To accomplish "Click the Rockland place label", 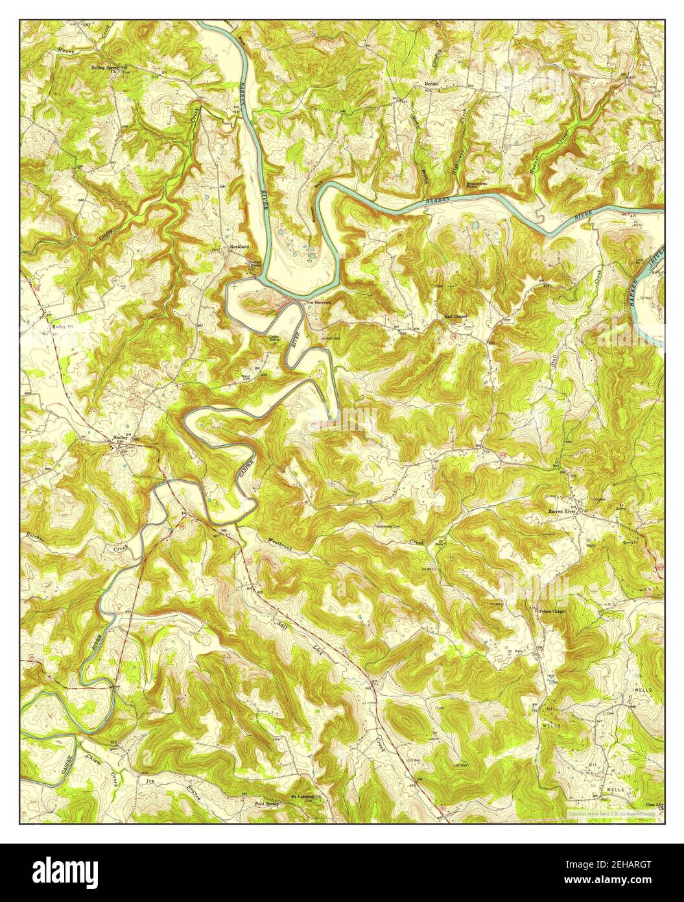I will point(241,247).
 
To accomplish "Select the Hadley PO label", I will point(63,327).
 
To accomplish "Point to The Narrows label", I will point(318,303).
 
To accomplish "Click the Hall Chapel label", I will point(455,316).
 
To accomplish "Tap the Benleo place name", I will point(432,84).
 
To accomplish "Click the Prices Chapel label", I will point(552,612).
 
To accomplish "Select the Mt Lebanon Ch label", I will point(307,796).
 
